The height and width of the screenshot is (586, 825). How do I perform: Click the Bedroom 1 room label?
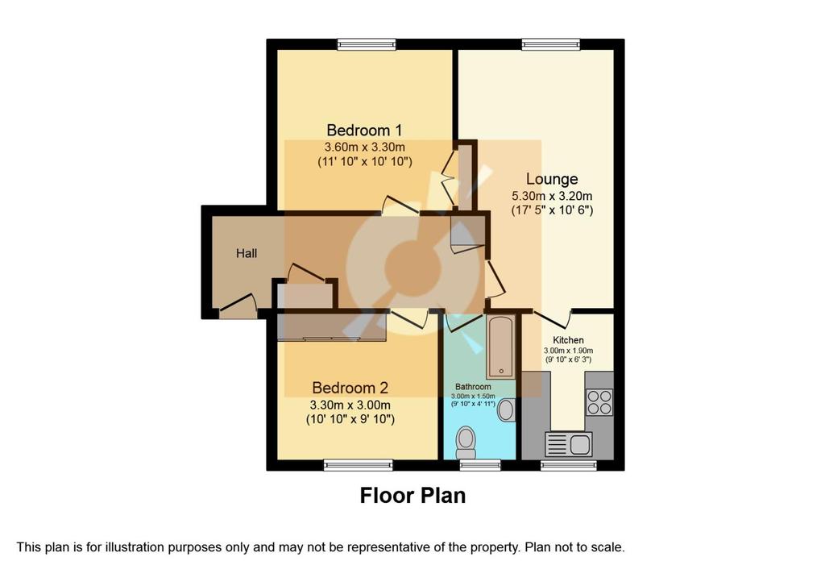364,130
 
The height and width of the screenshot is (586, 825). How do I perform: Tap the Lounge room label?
552,180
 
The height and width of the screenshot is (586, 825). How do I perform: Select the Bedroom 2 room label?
350,388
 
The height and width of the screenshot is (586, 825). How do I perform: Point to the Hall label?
247,253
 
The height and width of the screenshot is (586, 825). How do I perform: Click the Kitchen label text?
568,340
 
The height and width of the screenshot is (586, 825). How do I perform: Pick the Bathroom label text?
473,386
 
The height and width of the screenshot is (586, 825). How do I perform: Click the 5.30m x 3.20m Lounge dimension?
552,196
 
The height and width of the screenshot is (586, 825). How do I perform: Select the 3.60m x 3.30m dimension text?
365,147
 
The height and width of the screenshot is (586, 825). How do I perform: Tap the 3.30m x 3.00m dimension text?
350,405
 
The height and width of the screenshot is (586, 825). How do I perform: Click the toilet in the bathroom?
466,443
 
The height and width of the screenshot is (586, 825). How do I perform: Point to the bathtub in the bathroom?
501,347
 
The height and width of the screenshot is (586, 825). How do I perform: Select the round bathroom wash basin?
506,410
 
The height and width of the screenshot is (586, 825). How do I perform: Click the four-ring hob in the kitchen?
599,402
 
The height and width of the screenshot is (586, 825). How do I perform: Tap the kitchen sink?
569,444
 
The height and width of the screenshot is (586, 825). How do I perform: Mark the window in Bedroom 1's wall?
367,44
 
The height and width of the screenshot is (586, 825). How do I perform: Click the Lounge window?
551,44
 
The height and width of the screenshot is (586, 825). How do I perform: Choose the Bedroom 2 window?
358,464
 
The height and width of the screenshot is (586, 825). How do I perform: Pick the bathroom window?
480,464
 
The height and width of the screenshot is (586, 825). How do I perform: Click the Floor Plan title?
412,496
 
